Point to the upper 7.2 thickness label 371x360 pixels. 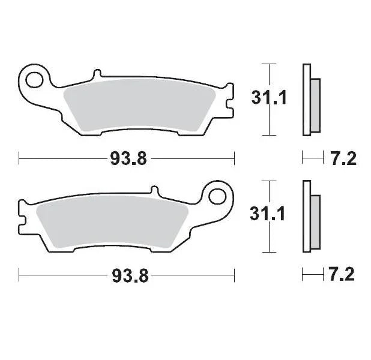point(343,159)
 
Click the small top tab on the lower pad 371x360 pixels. point(155,191)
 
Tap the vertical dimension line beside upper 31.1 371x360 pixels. point(271,100)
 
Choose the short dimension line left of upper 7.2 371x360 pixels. point(312,158)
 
